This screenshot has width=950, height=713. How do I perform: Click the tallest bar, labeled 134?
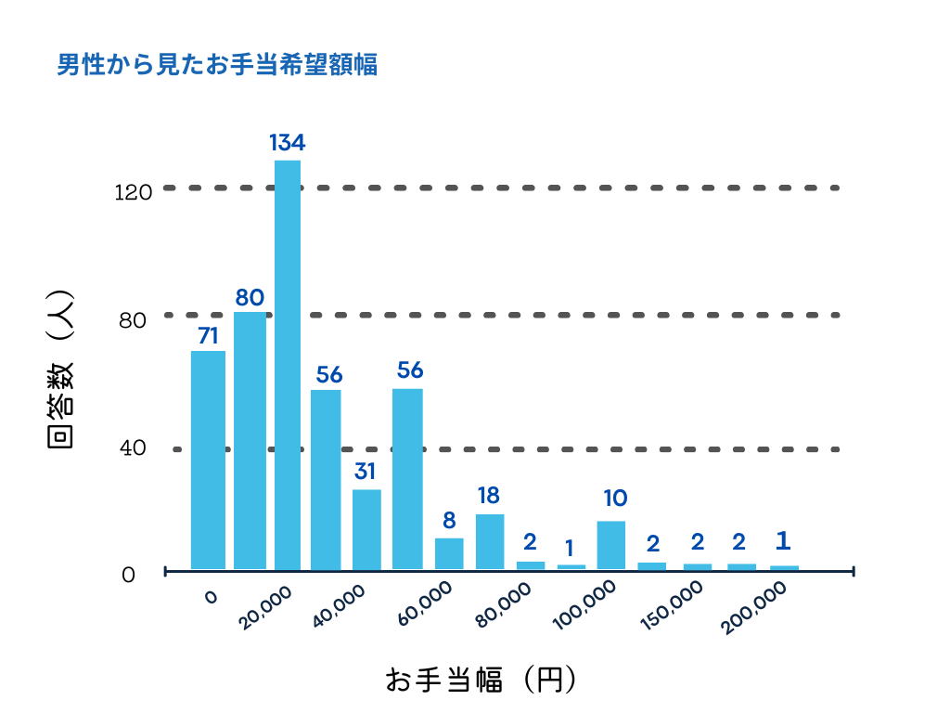click(287, 364)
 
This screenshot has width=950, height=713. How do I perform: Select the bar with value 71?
click(208, 460)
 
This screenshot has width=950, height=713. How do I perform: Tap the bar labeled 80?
click(250, 440)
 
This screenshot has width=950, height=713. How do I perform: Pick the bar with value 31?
click(366, 528)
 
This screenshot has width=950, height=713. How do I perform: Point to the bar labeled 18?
click(490, 541)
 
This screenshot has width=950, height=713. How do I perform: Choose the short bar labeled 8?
click(449, 553)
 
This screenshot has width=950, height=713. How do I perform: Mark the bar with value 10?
click(610, 545)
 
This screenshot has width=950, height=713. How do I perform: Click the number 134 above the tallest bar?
click(288, 143)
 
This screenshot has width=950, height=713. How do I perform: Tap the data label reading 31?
click(365, 472)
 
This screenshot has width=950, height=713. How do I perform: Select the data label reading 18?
click(490, 496)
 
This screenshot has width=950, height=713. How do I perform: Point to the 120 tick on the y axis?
click(132, 193)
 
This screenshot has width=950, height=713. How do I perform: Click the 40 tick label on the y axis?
click(134, 448)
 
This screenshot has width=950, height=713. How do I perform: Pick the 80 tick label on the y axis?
click(134, 321)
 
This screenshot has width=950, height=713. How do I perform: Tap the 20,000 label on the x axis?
click(265, 608)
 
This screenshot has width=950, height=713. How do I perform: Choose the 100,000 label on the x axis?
click(586, 608)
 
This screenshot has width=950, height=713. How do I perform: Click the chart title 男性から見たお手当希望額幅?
click(217, 66)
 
